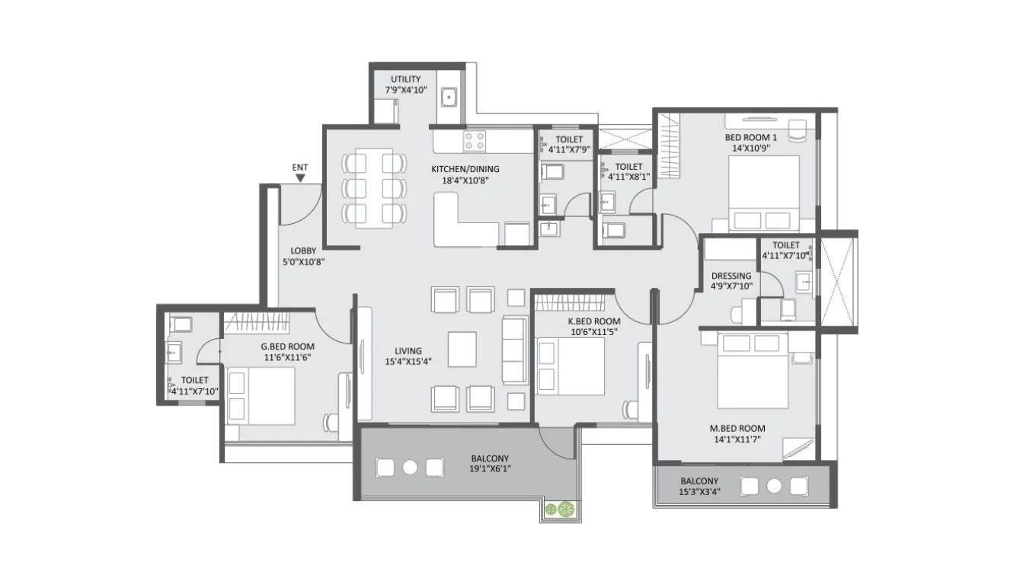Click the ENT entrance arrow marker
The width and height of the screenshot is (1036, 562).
[x=300, y=177]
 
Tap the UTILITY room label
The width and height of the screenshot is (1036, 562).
[x=405, y=79]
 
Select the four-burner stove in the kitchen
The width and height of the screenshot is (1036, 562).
[x=475, y=141]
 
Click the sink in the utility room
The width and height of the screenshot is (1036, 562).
[x=450, y=97]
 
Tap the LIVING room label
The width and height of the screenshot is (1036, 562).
[x=408, y=351]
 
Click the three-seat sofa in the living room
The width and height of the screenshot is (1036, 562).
[x=514, y=350]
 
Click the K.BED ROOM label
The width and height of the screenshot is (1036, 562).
[x=594, y=321]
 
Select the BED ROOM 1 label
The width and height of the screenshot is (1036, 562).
[x=750, y=137]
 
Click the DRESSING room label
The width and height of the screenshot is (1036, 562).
[x=731, y=276]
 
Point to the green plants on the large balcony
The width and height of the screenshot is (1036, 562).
[x=558, y=509]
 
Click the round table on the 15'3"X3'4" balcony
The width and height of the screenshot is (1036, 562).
[x=774, y=486]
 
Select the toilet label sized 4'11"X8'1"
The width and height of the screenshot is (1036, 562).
[x=628, y=167]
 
